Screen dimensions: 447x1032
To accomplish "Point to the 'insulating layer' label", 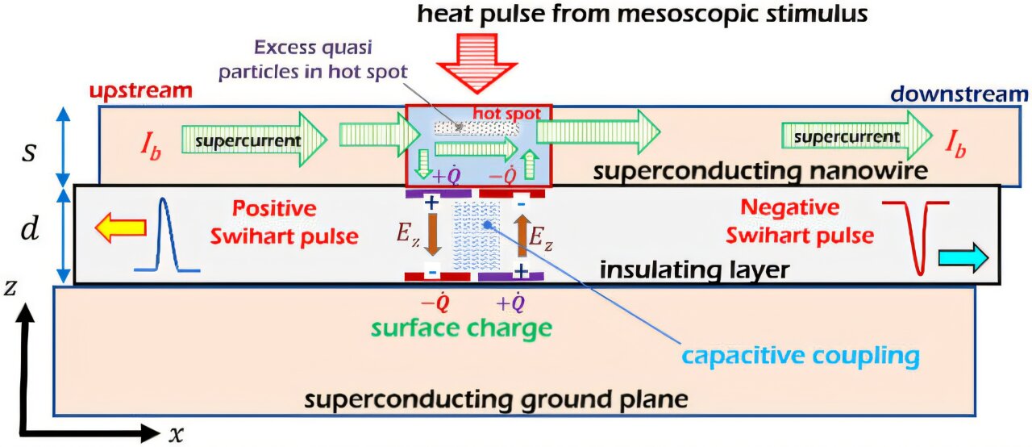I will coord(693,269).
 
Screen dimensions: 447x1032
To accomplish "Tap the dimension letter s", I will coord(29,148).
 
